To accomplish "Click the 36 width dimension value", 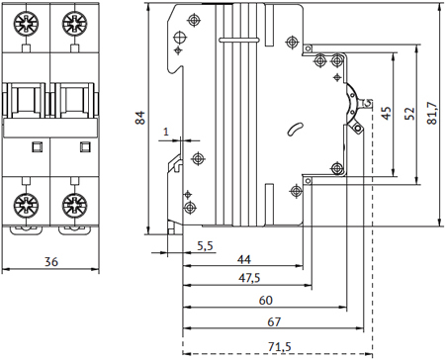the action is [x=51, y=262].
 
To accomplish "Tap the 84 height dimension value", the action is [x=140, y=118].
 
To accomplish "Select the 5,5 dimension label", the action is [x=205, y=246].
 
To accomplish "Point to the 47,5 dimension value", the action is [x=249, y=278].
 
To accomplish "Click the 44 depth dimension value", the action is [x=244, y=259].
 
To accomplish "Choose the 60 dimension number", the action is [x=266, y=301].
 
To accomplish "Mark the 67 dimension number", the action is [x=274, y=321].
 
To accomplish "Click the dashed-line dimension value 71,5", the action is [x=280, y=347].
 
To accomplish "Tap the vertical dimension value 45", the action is [x=387, y=113].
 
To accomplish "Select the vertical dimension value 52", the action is [x=409, y=114].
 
